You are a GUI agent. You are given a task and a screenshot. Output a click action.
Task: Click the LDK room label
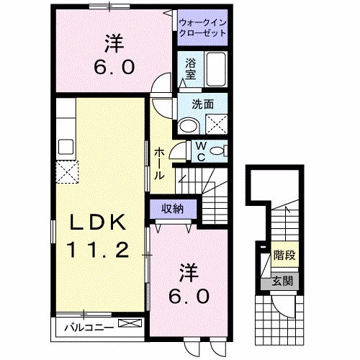(99, 223)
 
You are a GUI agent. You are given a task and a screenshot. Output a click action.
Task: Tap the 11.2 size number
(99, 251)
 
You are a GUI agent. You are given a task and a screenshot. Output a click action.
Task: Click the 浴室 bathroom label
(191, 69)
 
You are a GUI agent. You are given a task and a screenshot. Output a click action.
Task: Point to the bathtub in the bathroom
(215, 71)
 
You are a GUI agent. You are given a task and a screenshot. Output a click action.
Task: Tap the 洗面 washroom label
(202, 104)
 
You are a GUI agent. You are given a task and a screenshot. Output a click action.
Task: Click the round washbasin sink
(189, 125)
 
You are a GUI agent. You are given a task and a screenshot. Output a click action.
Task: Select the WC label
(202, 153)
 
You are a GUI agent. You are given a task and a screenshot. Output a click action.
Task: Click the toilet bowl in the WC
(221, 151)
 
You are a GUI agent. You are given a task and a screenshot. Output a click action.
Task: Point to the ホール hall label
(159, 163)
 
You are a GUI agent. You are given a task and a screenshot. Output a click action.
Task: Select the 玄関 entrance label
(282, 282)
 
